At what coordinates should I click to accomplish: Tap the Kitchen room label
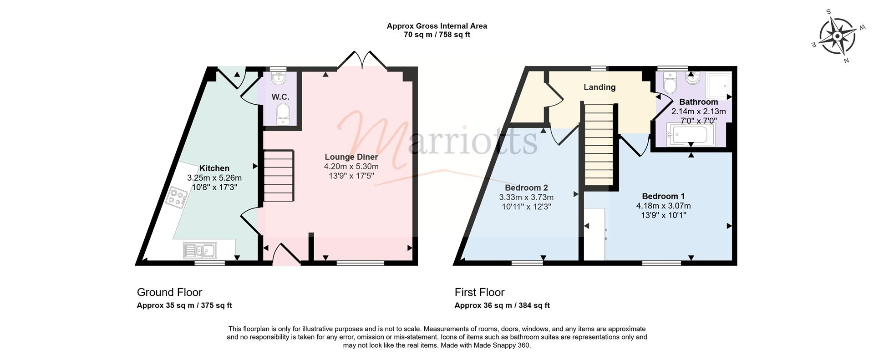coord(214,168)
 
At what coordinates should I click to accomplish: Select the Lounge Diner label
coord(351,157)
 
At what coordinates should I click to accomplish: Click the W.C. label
coord(280,97)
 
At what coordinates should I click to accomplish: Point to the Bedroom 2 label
coord(526,188)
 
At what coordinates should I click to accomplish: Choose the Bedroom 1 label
coord(663,196)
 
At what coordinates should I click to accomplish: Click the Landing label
coord(600,87)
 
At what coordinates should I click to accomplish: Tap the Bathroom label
coord(698,102)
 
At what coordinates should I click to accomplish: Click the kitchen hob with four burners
coord(177,198)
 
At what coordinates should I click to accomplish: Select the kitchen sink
coord(200,250)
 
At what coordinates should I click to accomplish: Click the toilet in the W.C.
coord(284,113)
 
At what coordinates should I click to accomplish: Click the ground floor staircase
coord(278,176)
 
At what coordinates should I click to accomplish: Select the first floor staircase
coord(599,144)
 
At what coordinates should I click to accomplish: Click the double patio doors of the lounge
coord(362,60)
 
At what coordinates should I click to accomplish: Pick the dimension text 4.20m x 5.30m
coord(351,167)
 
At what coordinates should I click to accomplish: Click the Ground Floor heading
coord(169,292)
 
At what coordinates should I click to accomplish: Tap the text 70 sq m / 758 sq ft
coord(437,35)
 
